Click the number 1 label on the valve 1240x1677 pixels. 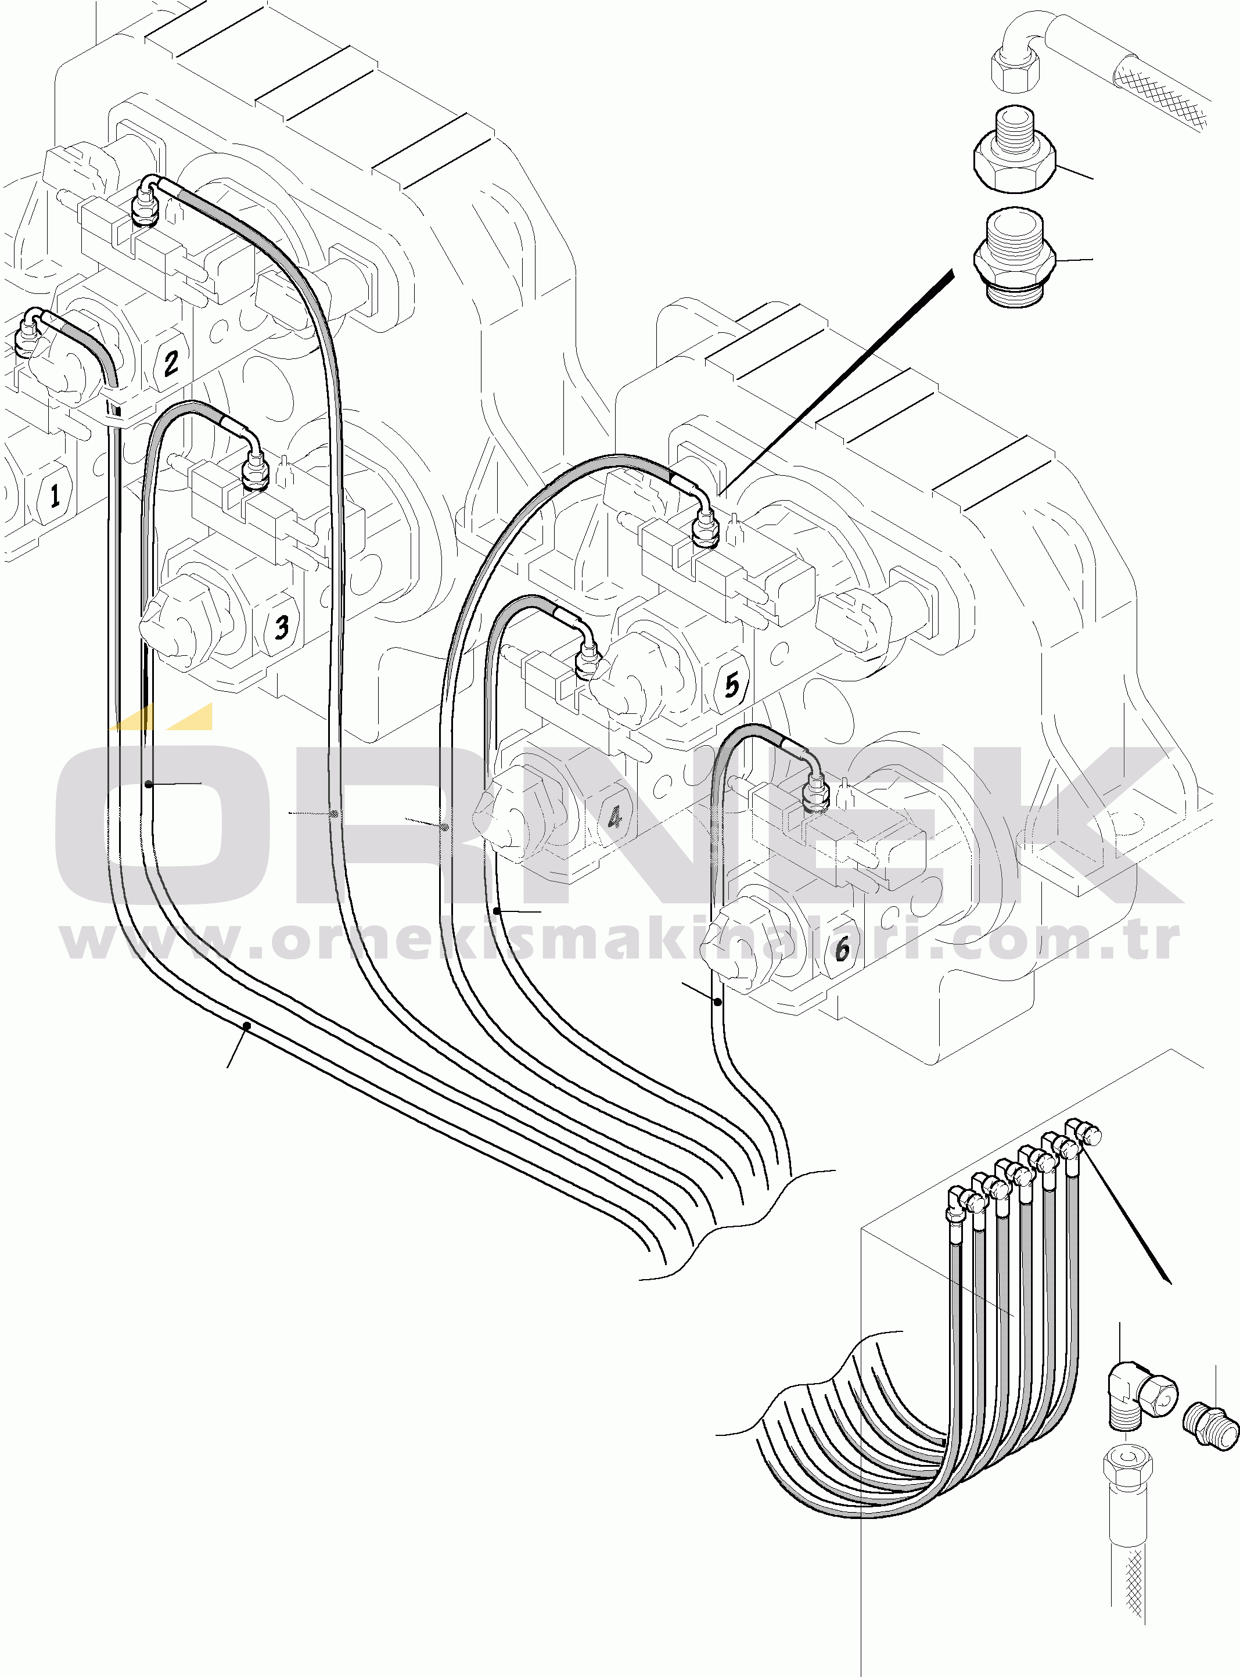[x=54, y=495]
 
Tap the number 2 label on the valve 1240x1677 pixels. [x=171, y=363]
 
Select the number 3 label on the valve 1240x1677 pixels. [x=282, y=627]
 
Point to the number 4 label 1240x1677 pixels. [x=614, y=817]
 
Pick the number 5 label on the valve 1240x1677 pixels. [x=732, y=685]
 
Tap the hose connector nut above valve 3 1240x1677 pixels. [x=256, y=472]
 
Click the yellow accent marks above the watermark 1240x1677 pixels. [x=162, y=716]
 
